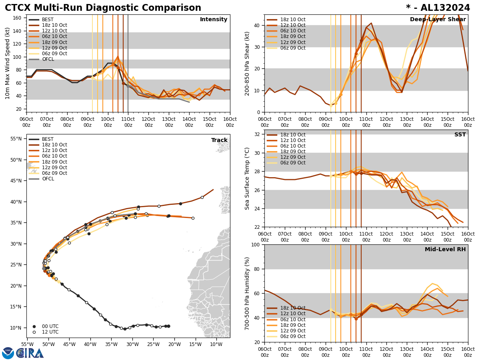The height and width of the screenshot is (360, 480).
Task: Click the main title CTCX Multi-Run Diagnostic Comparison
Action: pos(103,8)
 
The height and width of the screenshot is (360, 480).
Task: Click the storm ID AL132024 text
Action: pos(443,8)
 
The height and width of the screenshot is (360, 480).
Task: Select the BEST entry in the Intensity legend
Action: pos(48,20)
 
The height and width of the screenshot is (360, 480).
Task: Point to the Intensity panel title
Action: pos(214,20)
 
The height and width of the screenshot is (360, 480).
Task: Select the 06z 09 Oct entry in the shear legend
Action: pos(292,48)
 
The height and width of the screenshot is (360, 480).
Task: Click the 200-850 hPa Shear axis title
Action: pos(248,63)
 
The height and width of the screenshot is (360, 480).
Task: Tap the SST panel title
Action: pos(460,135)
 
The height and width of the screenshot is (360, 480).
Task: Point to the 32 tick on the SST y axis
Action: pos(258,134)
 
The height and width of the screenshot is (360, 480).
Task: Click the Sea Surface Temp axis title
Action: pos(248,178)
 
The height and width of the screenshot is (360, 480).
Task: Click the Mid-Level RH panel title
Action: pos(445,250)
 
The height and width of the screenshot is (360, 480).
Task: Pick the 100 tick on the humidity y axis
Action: pos(256,245)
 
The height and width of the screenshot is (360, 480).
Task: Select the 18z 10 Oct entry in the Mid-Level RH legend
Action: pos(292,308)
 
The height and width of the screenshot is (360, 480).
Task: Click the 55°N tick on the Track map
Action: pos(16,139)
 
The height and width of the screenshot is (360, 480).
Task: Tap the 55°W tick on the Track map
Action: pos(27,344)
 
